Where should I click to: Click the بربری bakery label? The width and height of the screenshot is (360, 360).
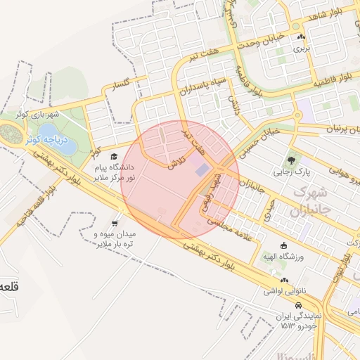[x=302, y=49]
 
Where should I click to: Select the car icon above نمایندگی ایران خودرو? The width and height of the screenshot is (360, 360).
[x=300, y=305]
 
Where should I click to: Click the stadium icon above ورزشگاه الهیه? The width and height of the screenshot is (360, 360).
[x=283, y=245]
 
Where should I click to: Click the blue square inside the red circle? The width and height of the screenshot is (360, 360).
[x=201, y=169]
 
